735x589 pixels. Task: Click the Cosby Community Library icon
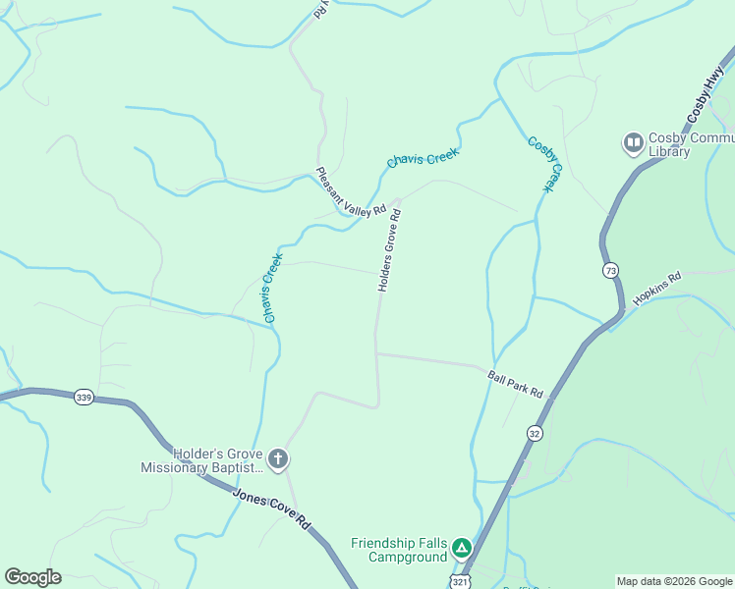(x=634, y=145)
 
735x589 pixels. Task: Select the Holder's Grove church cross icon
(x=278, y=458)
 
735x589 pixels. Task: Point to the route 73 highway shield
(x=611, y=268)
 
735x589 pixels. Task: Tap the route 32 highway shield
(x=535, y=432)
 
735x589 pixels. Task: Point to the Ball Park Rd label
(x=515, y=384)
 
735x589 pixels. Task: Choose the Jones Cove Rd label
(x=272, y=509)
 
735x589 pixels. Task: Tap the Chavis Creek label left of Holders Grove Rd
(x=273, y=289)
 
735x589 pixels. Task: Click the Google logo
(x=32, y=577)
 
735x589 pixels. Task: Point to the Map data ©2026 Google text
(x=674, y=581)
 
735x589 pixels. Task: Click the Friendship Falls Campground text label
(x=400, y=550)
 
